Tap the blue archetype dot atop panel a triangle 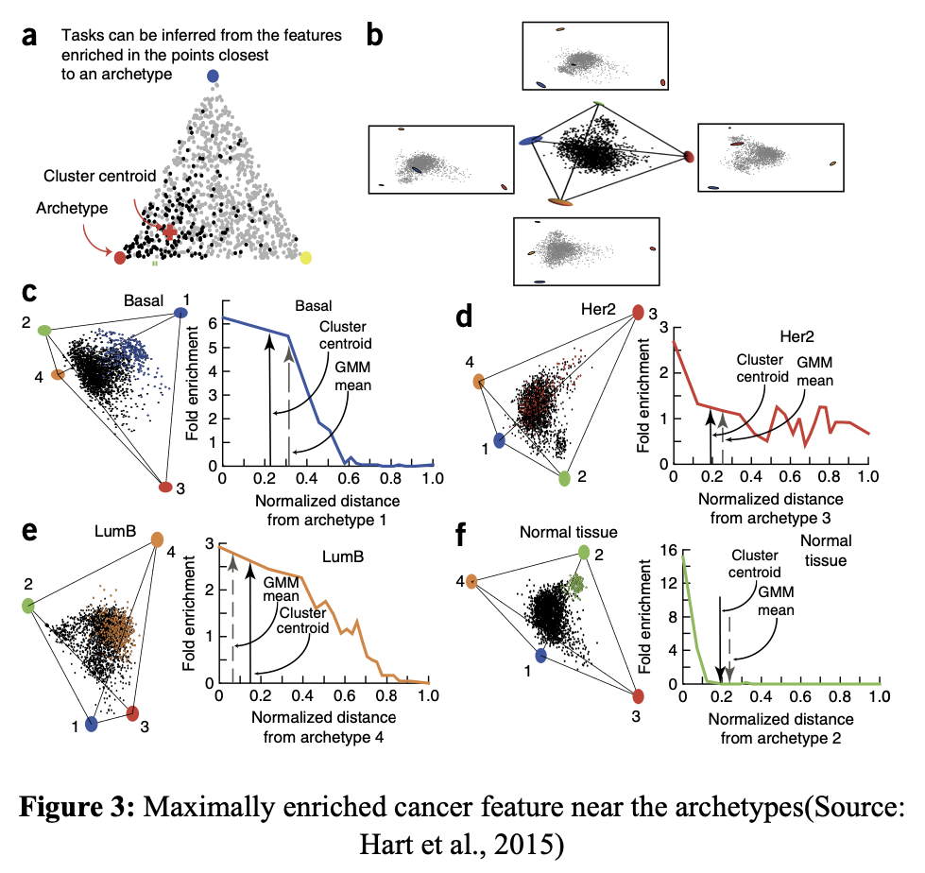pos(213,76)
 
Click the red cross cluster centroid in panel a pos(169,231)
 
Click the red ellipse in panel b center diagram pos(689,156)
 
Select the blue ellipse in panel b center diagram pos(531,140)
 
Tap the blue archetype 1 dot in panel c pos(180,313)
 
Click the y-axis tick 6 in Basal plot pos(213,322)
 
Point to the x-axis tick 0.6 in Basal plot pos(348,479)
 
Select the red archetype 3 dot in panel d pos(638,313)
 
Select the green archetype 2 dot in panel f pos(584,552)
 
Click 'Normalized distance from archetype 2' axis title pos(779,728)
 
